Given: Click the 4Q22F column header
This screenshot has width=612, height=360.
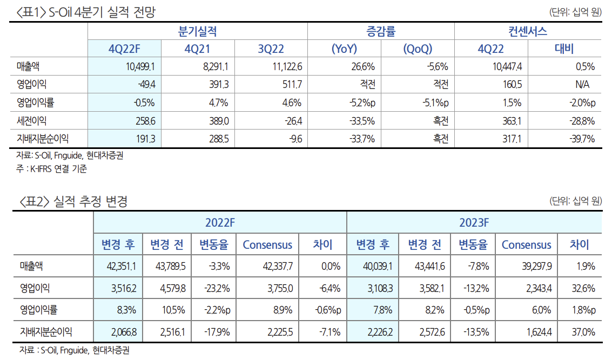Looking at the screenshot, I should [x=124, y=49].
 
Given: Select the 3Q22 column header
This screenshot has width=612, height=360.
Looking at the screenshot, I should [x=271, y=49].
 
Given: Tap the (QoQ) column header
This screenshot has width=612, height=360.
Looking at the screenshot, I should [x=418, y=49].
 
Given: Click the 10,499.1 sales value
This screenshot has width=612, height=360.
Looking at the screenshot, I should [x=139, y=67].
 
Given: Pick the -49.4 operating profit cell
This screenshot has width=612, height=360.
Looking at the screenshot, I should [x=145, y=85].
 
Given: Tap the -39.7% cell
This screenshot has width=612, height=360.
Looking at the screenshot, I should [x=582, y=139].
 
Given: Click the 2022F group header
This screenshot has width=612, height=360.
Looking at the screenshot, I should [x=220, y=222].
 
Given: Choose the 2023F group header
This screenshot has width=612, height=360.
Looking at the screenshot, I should [x=474, y=222].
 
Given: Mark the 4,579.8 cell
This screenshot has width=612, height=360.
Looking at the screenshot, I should [x=171, y=288].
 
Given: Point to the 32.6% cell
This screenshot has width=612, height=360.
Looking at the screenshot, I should [x=583, y=288].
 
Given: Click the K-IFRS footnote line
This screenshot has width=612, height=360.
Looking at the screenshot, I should [x=52, y=168].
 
